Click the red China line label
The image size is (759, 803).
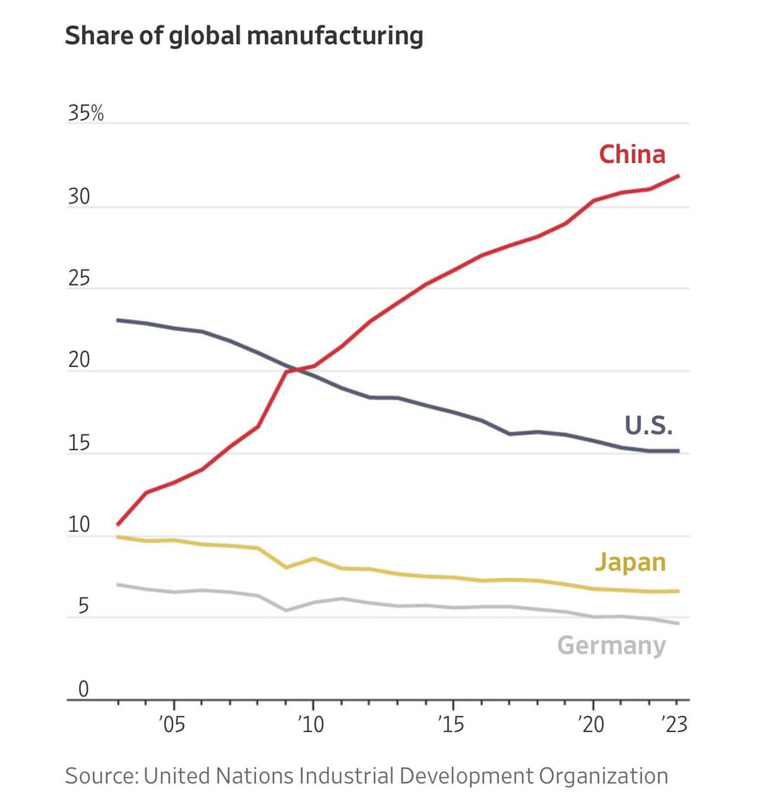631,154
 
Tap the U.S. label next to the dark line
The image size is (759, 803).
648,425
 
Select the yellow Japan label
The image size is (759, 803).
630,562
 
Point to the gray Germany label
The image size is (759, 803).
611,645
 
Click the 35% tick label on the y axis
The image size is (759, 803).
86,113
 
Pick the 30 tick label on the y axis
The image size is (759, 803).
79,197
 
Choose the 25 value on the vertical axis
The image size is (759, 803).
79,279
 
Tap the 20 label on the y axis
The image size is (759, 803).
79,360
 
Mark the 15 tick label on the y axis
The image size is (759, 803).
79,443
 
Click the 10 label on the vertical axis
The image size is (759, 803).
79,525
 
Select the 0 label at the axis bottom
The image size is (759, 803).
84,689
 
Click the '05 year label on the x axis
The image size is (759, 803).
172,724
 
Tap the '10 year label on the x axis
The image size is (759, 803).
311,724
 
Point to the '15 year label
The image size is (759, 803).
451,724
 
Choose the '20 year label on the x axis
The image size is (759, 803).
591,724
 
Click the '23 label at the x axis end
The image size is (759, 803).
675,724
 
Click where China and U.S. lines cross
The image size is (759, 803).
298,369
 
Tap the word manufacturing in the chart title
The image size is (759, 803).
331,35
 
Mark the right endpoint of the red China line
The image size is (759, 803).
678,176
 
